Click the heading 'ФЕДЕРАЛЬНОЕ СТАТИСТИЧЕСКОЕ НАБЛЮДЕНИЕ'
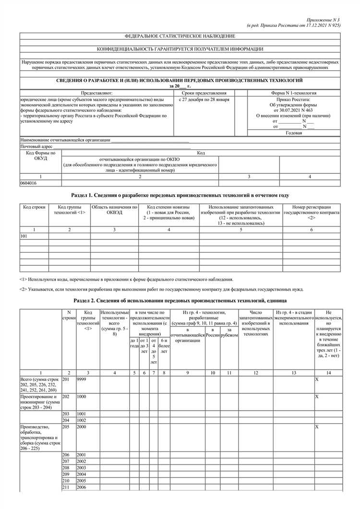click(180, 36)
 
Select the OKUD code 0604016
click(29, 183)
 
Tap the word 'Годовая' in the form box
click(294, 133)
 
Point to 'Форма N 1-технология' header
click(294, 93)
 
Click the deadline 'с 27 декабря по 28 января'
click(204, 99)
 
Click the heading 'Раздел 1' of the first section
click(180, 196)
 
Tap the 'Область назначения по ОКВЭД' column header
click(114, 209)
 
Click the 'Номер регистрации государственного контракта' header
click(312, 209)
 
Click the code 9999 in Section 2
click(81, 379)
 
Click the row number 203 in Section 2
click(66, 414)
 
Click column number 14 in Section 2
click(328, 373)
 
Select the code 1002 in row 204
click(81, 420)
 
